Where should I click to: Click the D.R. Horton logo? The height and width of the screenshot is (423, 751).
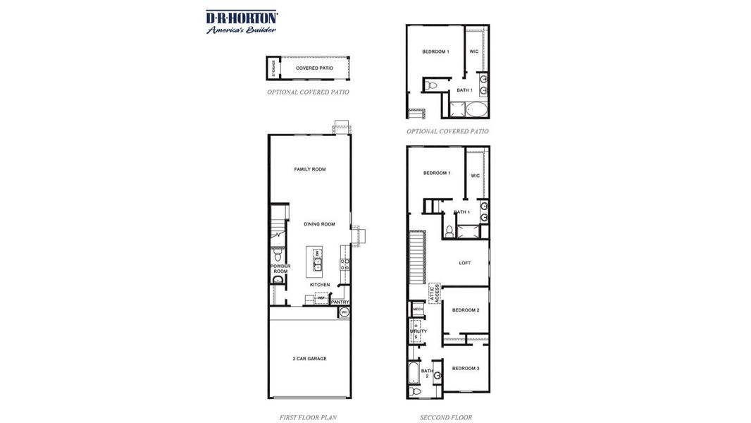coord(242,17)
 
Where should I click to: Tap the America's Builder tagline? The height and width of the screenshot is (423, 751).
coord(241,30)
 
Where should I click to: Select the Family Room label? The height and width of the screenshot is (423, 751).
coord(310,169)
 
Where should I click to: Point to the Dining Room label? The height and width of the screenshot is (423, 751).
coord(319,224)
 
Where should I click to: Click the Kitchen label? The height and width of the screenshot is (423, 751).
coord(320,285)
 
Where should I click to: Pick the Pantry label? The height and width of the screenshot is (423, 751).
coord(340,302)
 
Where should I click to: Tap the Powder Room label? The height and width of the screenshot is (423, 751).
coord(280,269)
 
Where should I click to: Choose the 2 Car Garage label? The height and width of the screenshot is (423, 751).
coord(310,359)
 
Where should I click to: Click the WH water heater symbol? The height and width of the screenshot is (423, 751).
coord(345,312)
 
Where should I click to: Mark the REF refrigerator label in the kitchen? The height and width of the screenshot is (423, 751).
coord(321,298)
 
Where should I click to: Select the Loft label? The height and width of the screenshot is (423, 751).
coord(465,263)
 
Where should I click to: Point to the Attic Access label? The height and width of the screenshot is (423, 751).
coord(435,293)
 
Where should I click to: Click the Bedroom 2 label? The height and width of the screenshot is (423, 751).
coord(466,310)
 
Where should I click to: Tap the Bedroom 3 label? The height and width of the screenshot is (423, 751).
coord(466,368)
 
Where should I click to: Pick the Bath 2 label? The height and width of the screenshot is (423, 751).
coord(427,374)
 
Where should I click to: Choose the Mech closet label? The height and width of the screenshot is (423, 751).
coord(418,309)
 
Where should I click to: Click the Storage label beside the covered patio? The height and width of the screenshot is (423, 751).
coord(273,68)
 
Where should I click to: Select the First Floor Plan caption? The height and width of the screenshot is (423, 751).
coord(308,417)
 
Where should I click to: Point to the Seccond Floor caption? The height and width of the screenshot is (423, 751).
coord(446,417)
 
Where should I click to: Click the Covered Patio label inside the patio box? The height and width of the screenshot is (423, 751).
coord(314,68)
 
